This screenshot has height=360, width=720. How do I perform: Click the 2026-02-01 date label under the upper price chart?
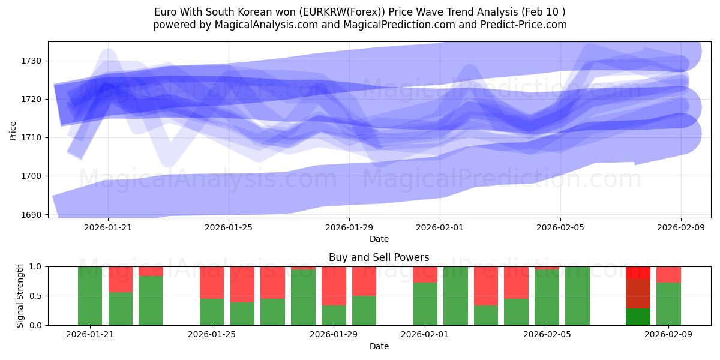point(440,227)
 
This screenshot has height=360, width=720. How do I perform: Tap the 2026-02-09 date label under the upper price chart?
point(681,227)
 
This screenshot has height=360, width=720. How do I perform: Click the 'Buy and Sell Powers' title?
point(379,257)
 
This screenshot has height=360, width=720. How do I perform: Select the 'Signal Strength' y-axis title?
point(20,296)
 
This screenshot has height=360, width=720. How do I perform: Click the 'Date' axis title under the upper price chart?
point(379,239)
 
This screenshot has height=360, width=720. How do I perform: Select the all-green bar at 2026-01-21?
point(90,296)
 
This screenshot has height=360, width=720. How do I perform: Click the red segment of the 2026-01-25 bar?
point(212,282)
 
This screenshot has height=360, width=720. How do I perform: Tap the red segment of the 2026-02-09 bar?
point(668,274)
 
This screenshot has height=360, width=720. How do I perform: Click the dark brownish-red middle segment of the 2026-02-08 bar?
point(638,294)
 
